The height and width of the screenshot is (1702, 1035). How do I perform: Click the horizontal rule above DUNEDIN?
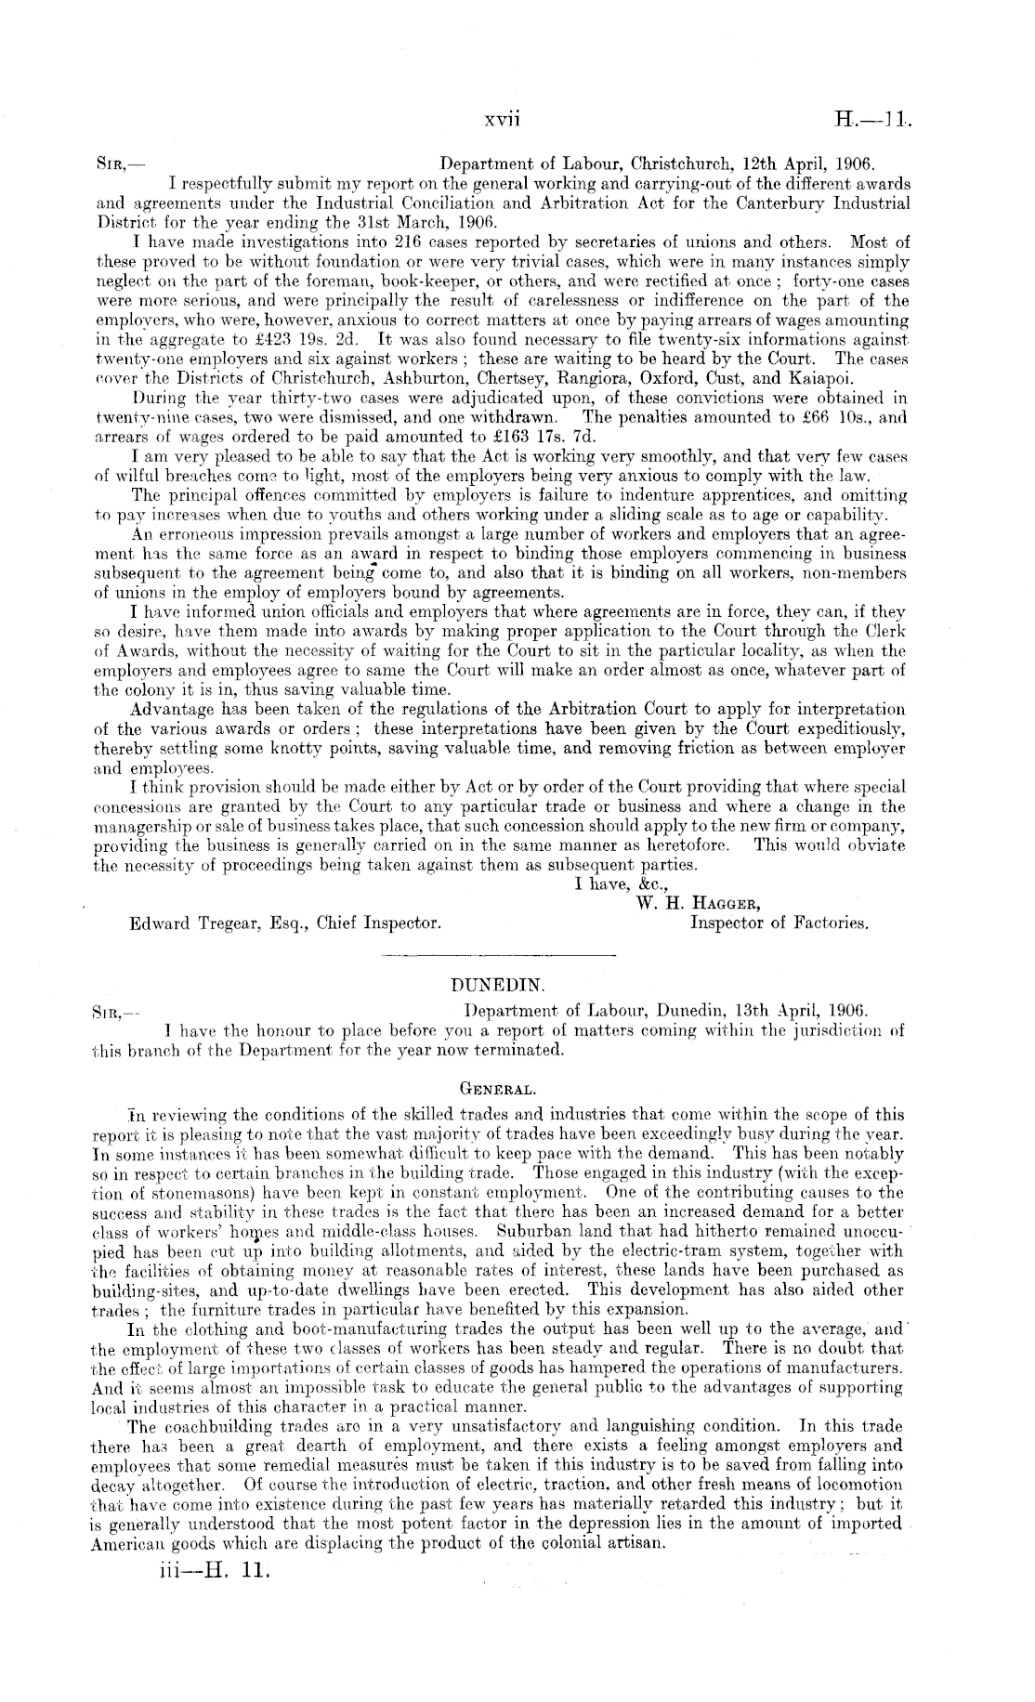[498, 955]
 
